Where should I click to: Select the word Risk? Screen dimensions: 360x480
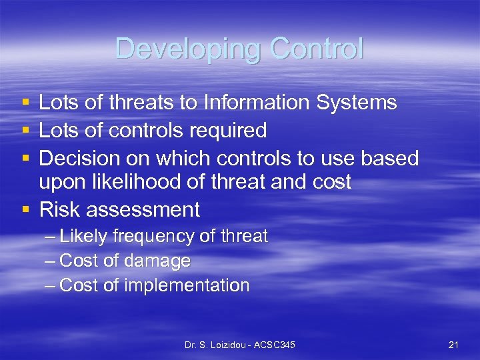[60, 210]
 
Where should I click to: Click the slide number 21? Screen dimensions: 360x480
[453, 345]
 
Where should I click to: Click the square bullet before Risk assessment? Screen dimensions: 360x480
[25, 210]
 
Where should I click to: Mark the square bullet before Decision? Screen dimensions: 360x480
[25, 158]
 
